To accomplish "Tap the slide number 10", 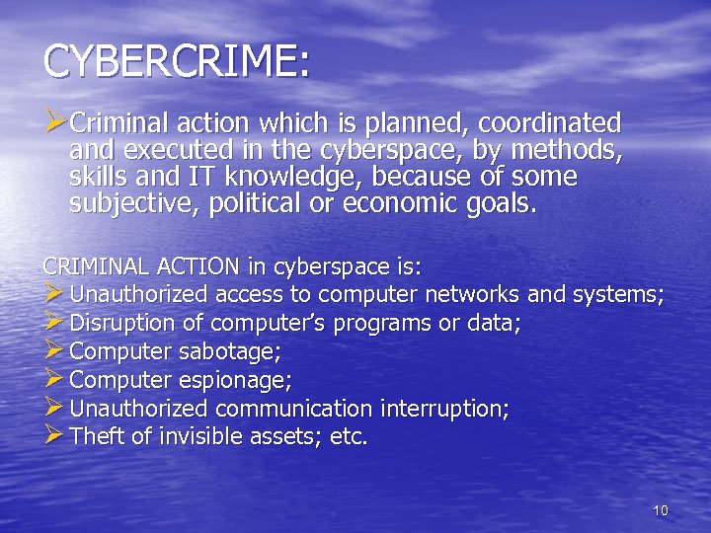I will (x=661, y=510).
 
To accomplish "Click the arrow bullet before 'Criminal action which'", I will (x=55, y=123).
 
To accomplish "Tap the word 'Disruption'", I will (x=118, y=323).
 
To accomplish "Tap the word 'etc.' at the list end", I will (x=350, y=436).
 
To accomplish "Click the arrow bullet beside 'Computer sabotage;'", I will (x=54, y=349).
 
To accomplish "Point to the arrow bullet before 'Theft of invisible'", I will (x=54, y=435).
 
